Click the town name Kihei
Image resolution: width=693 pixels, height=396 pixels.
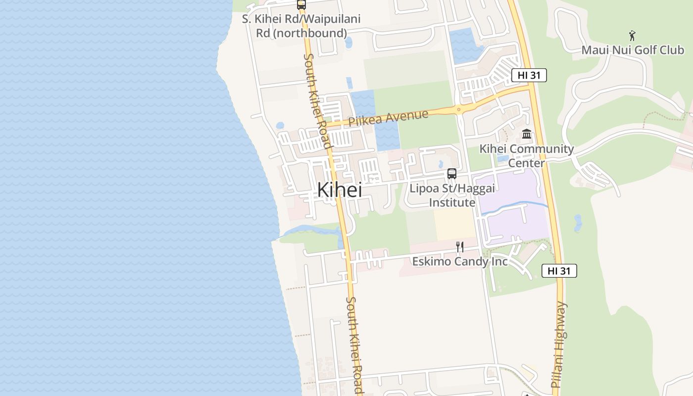pos(339,190)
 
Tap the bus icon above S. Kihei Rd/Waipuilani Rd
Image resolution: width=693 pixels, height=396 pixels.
pos(301,4)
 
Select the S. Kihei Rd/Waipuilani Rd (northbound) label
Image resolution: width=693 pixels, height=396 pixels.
pos(301,26)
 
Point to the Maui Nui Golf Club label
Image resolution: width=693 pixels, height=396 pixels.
pos(632,50)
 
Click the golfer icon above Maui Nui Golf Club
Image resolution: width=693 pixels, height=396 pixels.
pos(632,35)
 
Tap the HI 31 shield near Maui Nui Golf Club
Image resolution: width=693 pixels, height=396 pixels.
pos(529,75)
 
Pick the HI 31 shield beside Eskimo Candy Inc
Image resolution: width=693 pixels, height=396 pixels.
pos(559,271)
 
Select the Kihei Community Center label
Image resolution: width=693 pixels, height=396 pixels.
pos(526,155)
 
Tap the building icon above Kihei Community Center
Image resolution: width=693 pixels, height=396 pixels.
pos(526,134)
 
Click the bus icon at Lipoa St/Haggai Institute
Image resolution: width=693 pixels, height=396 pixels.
pos(451,174)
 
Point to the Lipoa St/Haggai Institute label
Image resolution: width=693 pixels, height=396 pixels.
pos(451,196)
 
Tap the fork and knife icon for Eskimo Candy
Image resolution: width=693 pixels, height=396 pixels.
pos(459,247)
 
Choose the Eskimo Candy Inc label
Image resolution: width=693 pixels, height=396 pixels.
pos(460,261)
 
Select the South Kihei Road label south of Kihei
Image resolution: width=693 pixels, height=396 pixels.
pos(354,345)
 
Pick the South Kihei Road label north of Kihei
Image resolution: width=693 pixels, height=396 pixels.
pos(317,100)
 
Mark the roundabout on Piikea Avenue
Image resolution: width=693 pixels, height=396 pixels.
pos(459,109)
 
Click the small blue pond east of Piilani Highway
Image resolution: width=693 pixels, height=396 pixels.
pos(577,223)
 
